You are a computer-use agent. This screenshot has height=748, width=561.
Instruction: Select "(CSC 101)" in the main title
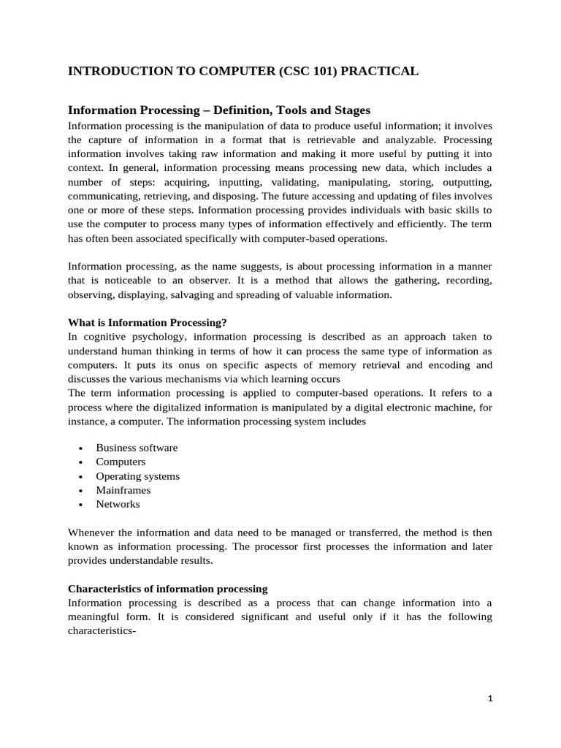tap(297, 71)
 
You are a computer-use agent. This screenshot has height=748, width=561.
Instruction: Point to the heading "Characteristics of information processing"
tap(168, 588)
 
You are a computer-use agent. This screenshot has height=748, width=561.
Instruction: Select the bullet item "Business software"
tap(137, 448)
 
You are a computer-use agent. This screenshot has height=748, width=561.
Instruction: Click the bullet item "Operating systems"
tap(137, 476)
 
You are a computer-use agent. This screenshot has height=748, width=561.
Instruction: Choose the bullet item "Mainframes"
tap(123, 490)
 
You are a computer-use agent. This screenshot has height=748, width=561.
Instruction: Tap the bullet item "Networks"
tap(118, 504)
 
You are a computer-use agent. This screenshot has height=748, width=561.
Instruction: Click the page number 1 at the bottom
tap(491, 698)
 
